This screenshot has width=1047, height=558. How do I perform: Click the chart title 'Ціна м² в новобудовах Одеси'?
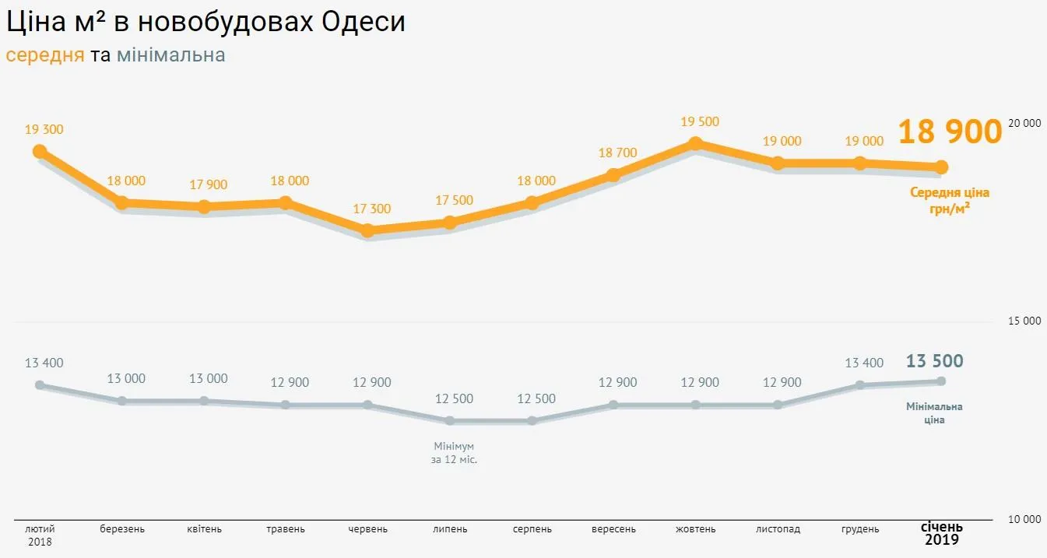tap(206, 22)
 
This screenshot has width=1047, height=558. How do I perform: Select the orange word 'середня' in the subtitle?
tap(44, 55)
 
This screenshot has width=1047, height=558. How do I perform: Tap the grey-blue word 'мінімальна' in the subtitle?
tap(170, 55)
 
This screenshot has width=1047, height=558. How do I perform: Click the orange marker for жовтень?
tap(696, 143)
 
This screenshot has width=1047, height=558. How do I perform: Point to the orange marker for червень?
tap(368, 230)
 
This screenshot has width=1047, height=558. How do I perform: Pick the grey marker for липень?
tap(450, 421)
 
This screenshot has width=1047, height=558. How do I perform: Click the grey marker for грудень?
tap(860, 385)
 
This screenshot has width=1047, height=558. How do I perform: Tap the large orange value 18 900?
tap(950, 132)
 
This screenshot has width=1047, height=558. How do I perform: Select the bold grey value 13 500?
tap(934, 361)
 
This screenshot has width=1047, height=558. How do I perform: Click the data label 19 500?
tap(700, 122)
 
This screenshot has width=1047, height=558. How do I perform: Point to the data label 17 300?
tap(371, 209)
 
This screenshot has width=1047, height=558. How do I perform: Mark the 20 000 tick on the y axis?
tap(1024, 123)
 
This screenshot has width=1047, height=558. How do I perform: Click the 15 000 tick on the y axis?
tap(1024, 321)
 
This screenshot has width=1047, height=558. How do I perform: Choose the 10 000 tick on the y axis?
tap(1024, 519)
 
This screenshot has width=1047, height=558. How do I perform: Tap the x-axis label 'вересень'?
tap(613, 529)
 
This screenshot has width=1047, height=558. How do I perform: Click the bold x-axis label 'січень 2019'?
tap(942, 533)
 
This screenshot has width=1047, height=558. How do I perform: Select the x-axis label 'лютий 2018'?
tap(40, 535)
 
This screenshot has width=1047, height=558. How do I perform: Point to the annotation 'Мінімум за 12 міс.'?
tap(454, 453)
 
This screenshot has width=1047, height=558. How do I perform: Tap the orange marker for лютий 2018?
tap(40, 151)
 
